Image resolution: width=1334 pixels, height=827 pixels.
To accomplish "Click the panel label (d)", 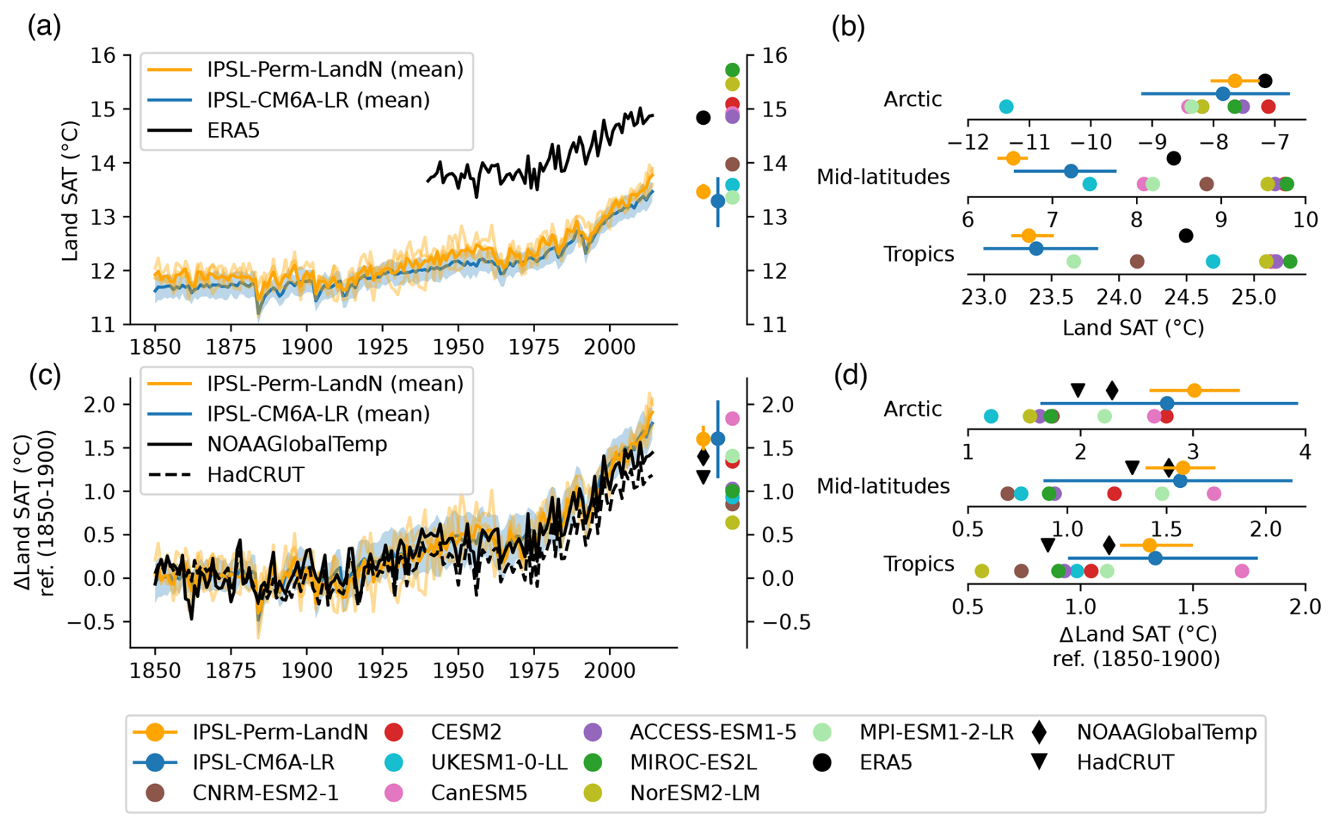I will [850, 376].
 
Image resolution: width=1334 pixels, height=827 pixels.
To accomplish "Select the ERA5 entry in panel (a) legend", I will [233, 130].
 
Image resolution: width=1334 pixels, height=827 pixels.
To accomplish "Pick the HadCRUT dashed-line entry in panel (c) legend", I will [255, 474].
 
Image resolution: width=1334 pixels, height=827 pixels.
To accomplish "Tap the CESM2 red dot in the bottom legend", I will [393, 733].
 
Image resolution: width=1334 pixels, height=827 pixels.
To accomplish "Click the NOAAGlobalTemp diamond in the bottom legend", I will [1039, 733].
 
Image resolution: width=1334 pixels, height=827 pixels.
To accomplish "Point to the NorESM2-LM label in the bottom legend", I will [694, 793].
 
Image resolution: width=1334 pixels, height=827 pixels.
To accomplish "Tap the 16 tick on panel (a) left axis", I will [102, 56].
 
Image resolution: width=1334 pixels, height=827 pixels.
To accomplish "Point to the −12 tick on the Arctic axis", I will [967, 142].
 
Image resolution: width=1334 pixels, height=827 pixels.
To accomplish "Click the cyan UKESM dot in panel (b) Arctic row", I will [1006, 107].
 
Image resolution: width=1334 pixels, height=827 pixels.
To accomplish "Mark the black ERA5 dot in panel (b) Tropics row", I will [1186, 235].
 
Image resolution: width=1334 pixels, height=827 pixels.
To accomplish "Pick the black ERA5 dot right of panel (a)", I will [703, 118].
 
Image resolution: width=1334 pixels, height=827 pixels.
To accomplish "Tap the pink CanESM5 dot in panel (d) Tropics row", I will [1242, 570].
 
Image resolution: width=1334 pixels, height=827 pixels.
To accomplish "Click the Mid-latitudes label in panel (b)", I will [883, 176].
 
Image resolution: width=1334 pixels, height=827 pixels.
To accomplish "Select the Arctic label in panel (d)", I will [912, 409].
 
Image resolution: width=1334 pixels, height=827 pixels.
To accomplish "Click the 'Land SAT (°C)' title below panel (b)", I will [1133, 328].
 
